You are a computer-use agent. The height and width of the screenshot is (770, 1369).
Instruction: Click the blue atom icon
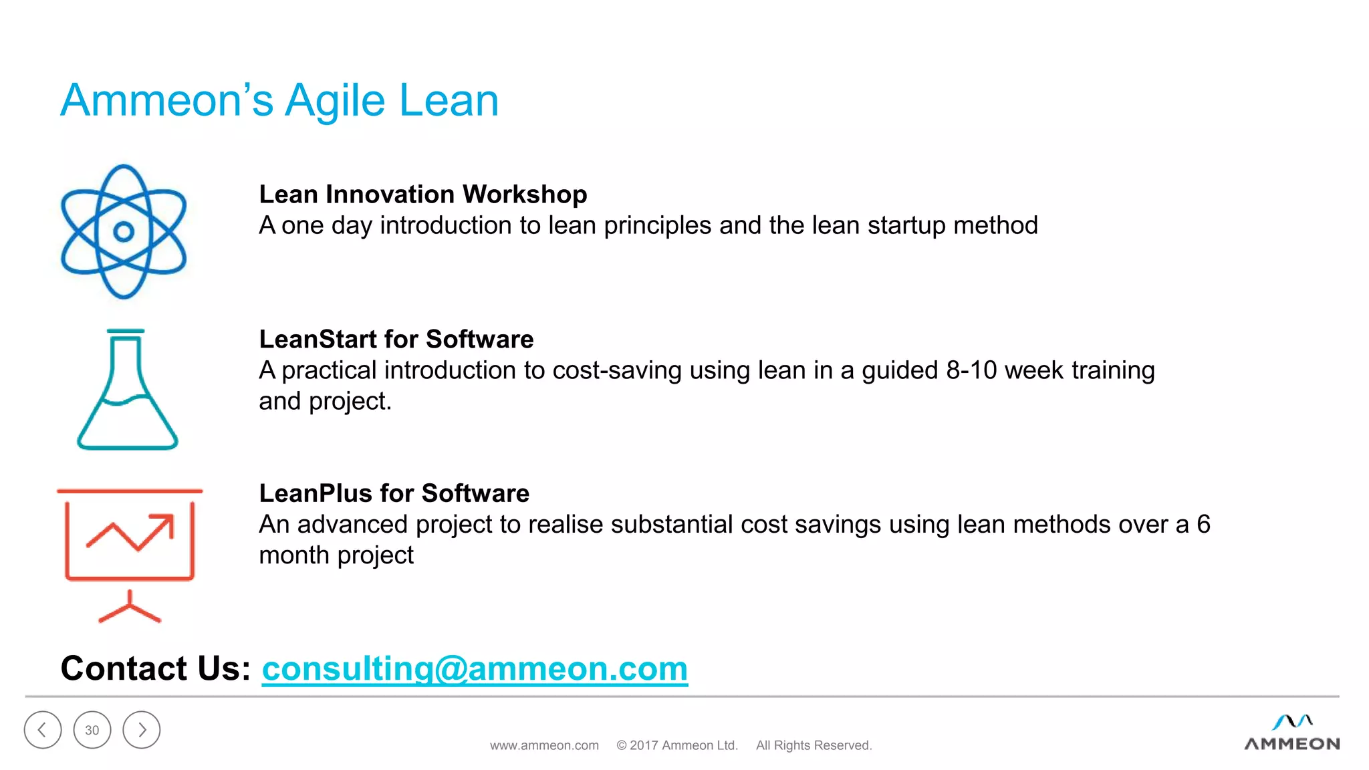[124, 231]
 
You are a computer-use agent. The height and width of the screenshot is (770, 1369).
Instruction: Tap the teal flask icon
[127, 392]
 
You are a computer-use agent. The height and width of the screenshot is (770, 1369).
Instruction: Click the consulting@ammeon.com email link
[475, 668]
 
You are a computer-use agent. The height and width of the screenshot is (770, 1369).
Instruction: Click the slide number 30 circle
[92, 730]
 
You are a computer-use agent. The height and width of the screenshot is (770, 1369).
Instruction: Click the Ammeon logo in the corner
[1291, 734]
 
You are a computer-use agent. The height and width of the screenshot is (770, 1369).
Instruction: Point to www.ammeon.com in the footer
[544, 745]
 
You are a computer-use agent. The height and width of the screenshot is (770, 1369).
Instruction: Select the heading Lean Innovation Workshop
[422, 195]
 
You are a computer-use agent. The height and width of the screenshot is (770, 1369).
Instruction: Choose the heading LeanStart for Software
[396, 340]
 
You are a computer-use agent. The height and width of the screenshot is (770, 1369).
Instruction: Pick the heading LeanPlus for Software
[394, 493]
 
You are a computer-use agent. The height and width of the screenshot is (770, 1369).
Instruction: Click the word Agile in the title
[336, 101]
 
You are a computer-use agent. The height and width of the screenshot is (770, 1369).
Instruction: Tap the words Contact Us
[155, 668]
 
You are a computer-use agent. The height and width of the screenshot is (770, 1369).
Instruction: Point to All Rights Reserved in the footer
[814, 745]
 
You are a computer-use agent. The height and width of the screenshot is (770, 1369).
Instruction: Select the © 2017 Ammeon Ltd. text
[676, 745]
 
